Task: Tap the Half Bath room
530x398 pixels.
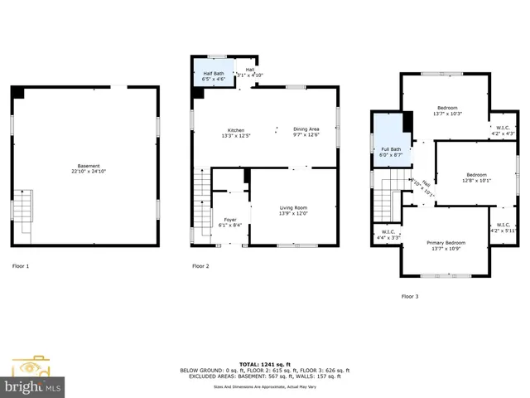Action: pos(213,74)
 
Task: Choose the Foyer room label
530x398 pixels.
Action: pos(229,221)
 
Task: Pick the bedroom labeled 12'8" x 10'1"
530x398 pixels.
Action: pos(476,177)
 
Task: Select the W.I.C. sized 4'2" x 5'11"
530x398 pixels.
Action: pos(502,226)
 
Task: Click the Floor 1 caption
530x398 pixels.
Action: pos(21,266)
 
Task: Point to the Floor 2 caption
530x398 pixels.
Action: pos(200,266)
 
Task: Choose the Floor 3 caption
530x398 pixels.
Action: pos(410,296)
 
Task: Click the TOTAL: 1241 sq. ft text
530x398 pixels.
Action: pos(264,364)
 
